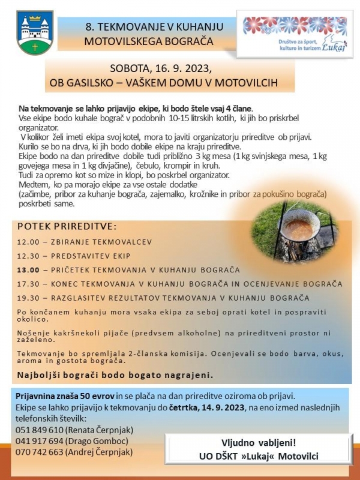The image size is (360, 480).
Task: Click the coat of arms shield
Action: pyautogui.click(x=35, y=33)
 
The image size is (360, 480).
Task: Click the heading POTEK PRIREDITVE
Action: pyautogui.click(x=67, y=227)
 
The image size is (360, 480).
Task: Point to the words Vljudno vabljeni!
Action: pyautogui.click(x=259, y=444)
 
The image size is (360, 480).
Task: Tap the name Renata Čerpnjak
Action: pyautogui.click(x=106, y=430)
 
